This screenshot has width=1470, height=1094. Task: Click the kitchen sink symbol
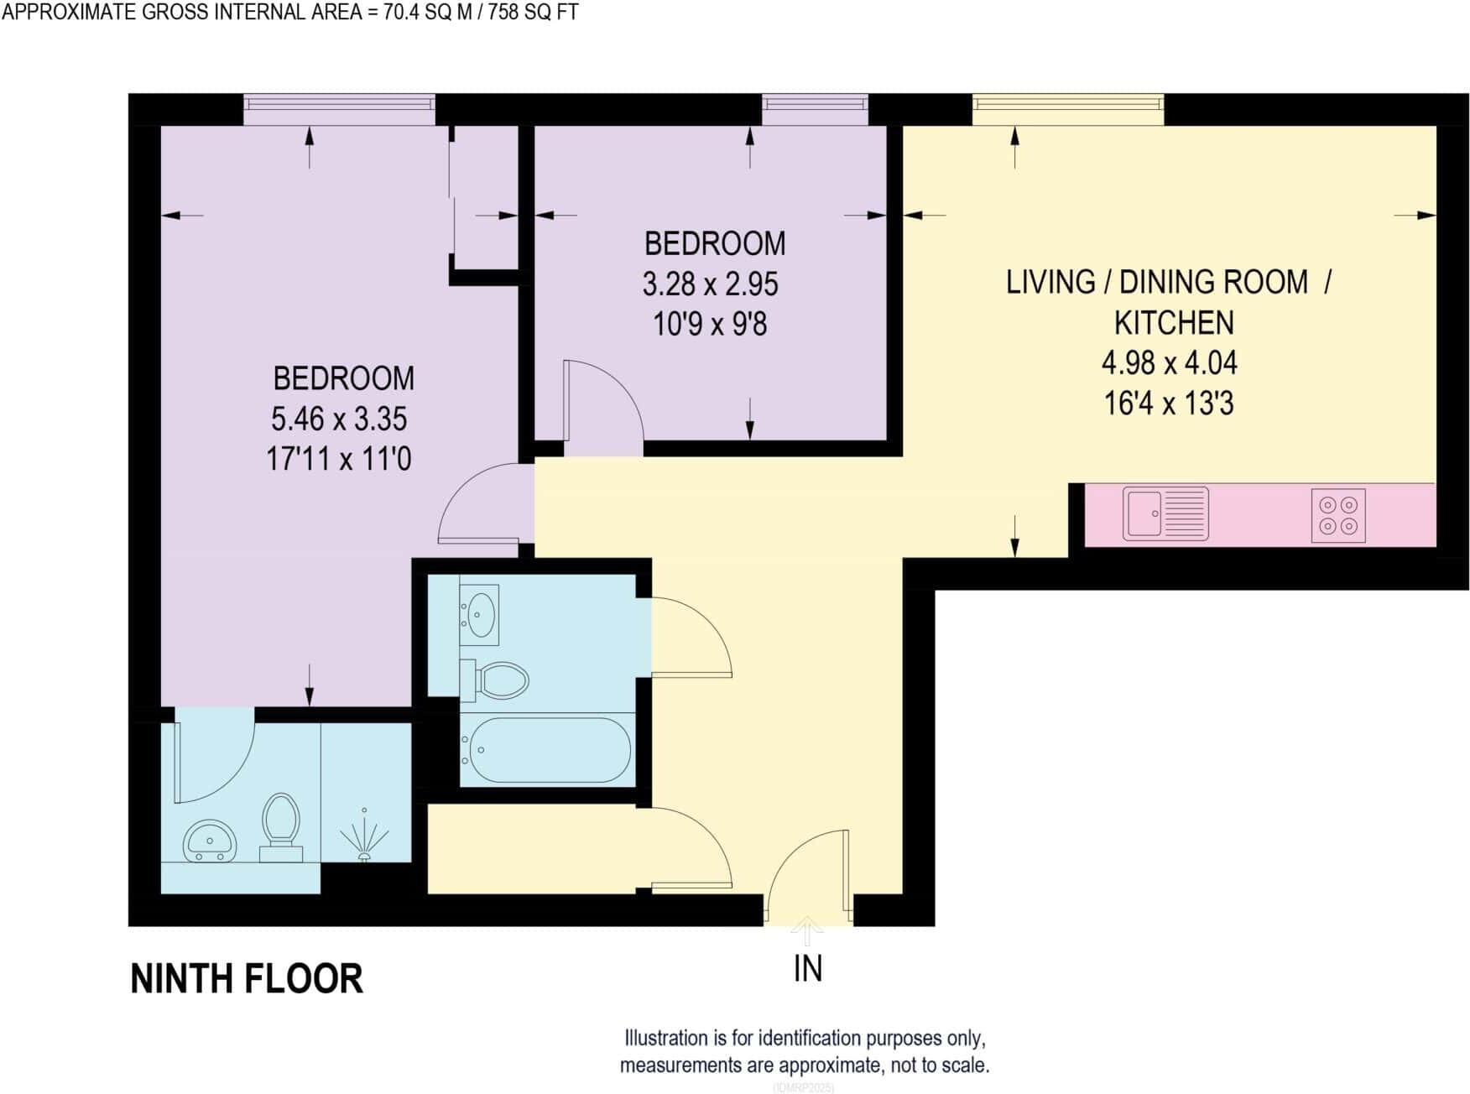pyautogui.click(x=1165, y=513)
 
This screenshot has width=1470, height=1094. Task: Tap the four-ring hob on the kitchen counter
pyautogui.click(x=1338, y=515)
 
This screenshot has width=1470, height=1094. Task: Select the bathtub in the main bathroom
pyautogui.click(x=549, y=750)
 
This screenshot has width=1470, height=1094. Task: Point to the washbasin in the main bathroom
pyautogui.click(x=480, y=615)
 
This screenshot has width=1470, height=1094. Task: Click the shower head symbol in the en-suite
pyautogui.click(x=364, y=836)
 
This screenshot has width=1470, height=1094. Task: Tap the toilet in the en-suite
pyautogui.click(x=281, y=826)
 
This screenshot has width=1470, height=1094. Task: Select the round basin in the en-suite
pyautogui.click(x=210, y=840)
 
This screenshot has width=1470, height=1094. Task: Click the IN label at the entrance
pyautogui.click(x=807, y=969)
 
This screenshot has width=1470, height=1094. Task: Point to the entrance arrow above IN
pyautogui.click(x=807, y=930)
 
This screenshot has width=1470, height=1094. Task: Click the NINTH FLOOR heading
pyautogui.click(x=247, y=979)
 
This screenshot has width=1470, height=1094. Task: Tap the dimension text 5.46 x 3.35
pyautogui.click(x=339, y=418)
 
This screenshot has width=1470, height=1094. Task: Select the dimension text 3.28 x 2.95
pyautogui.click(x=710, y=284)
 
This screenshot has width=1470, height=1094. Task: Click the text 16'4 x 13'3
pyautogui.click(x=1169, y=404)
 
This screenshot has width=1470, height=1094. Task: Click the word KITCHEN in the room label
pyautogui.click(x=1173, y=323)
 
